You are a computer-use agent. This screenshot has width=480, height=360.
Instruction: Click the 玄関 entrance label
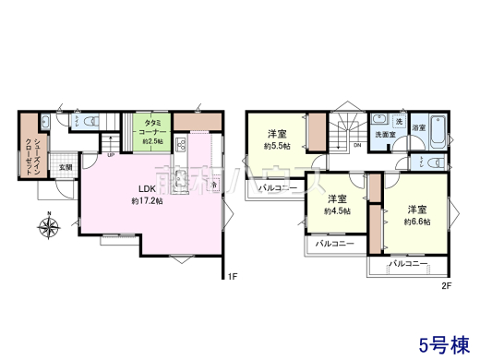tap(66, 167)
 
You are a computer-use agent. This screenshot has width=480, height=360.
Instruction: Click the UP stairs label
tap(112, 154)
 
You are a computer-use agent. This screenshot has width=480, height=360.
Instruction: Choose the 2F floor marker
tap(446, 285)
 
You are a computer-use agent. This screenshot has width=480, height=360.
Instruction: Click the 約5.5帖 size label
tap(274, 146)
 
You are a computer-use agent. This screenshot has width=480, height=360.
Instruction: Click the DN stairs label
tap(357, 145)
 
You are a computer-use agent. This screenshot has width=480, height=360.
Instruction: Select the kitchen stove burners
tap(180, 144)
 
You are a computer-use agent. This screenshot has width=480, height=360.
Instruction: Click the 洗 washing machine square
tap(399, 121)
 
